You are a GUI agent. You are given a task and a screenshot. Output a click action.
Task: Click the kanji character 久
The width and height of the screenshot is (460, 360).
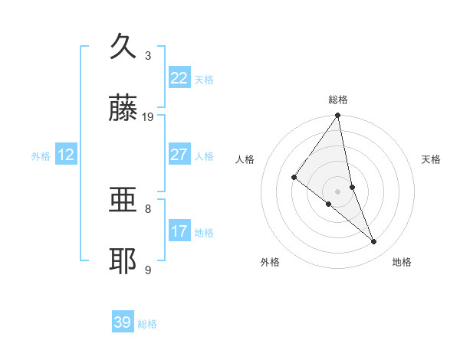(x=123, y=47)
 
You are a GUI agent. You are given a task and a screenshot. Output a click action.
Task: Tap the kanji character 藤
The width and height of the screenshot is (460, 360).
(x=123, y=109)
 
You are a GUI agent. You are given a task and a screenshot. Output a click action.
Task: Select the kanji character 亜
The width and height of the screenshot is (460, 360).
(x=123, y=200)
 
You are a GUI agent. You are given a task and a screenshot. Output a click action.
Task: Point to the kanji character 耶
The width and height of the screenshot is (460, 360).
(x=123, y=261)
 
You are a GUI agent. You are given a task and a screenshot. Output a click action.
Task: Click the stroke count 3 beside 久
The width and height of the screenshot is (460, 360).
(x=148, y=55)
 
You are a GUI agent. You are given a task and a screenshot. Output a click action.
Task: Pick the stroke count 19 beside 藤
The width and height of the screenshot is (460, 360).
(x=148, y=116)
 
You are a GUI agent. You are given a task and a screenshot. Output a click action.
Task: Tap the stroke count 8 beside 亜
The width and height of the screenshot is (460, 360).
(x=148, y=208)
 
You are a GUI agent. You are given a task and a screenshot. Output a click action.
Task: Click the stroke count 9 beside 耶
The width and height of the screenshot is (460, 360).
(x=148, y=269)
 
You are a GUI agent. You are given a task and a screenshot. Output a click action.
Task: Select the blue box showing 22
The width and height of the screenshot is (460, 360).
(x=179, y=78)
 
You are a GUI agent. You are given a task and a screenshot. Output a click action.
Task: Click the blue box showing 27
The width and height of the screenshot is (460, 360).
(x=179, y=155)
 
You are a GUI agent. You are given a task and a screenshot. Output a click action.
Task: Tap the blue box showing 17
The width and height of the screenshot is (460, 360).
(x=179, y=231)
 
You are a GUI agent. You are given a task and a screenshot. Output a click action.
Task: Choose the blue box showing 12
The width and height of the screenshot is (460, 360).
(x=66, y=155)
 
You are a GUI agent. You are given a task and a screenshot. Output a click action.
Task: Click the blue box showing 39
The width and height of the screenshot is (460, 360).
(x=123, y=322)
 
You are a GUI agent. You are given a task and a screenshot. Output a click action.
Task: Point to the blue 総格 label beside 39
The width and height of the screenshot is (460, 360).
(x=147, y=324)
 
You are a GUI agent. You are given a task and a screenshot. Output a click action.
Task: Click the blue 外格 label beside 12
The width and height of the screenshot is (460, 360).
(x=41, y=156)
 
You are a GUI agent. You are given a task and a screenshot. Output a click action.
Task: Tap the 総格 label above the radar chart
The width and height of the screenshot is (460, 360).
(x=338, y=100)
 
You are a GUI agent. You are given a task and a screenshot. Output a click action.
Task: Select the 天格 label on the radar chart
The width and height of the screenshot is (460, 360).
(x=432, y=159)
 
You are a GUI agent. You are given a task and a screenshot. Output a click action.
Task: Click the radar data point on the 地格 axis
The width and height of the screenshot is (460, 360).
(x=374, y=242)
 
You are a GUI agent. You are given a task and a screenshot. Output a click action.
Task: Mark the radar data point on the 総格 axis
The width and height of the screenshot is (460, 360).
(x=338, y=116)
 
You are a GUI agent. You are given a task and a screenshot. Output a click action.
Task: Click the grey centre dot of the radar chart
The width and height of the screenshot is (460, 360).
(x=338, y=191)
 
